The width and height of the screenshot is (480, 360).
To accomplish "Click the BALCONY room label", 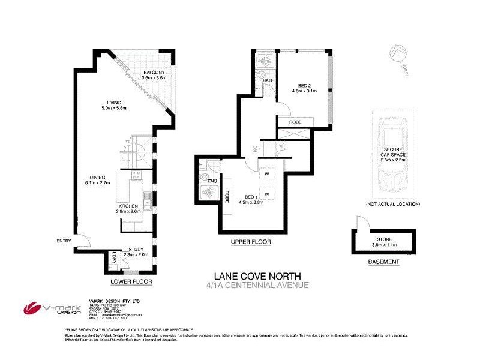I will (153, 73).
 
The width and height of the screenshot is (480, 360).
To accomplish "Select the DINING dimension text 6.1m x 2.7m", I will (97, 183).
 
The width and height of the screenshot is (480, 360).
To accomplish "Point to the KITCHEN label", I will (128, 206).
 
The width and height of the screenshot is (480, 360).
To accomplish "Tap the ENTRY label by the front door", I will (64, 241).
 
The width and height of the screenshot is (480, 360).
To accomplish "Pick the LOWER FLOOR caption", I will (131, 281).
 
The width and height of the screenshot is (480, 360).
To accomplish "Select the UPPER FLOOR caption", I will (251, 242).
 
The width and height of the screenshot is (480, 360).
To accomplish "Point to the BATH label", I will (268, 80).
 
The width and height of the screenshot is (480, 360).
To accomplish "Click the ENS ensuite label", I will (211, 180).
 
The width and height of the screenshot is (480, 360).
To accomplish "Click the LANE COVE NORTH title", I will (250, 275).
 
